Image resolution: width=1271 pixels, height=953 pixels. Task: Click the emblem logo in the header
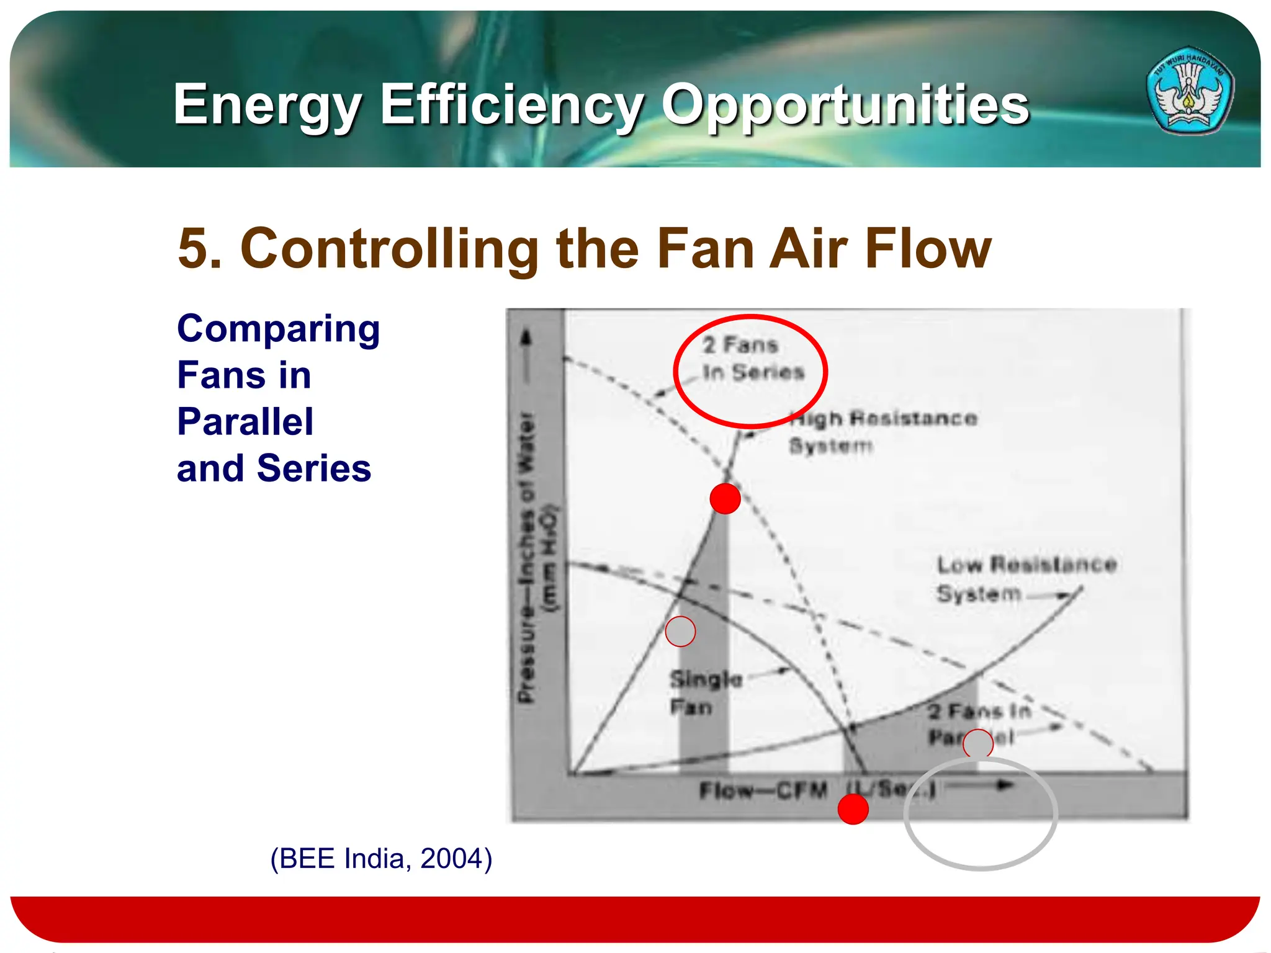1190,91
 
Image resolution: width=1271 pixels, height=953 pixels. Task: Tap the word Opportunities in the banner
845,105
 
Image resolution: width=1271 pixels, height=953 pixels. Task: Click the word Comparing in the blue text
279,329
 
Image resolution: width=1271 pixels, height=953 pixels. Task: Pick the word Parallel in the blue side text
245,422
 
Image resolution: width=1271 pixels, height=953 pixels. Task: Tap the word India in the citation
377,859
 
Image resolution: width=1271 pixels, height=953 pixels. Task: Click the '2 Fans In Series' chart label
752,359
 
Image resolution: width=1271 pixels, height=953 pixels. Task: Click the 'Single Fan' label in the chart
706,693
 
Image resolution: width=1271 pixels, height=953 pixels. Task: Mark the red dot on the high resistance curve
725,498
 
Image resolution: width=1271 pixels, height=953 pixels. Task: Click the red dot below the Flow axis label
853,809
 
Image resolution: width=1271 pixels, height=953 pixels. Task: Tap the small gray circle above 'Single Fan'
680,632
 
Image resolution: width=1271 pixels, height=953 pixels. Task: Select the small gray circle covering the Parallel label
978,743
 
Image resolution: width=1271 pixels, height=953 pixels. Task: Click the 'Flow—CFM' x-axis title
763,790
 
